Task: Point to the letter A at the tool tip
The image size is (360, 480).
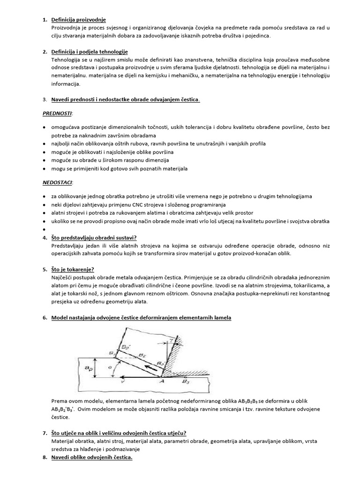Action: [x=165, y=382]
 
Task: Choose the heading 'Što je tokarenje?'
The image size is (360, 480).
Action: [x=72, y=270]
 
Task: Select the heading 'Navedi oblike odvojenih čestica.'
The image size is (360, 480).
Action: [x=92, y=457]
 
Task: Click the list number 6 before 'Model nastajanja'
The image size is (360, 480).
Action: [x=45, y=318]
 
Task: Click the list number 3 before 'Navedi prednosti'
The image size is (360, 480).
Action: [x=45, y=99]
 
